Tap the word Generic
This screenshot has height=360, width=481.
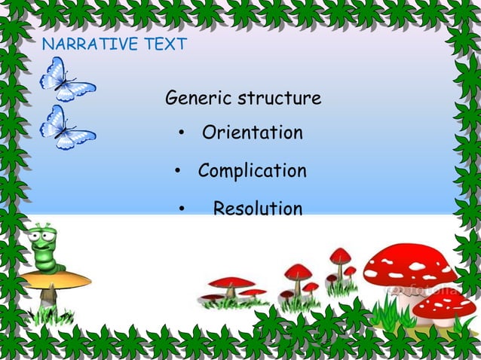198,99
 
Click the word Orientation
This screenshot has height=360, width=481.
252,133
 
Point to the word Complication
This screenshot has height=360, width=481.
252,171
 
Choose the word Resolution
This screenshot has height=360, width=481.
258,209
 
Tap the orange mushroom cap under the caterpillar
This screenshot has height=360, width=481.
57,281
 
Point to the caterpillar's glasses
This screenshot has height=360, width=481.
43,238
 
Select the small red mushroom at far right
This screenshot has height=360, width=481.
444,303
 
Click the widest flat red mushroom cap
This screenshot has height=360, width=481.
232,282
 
